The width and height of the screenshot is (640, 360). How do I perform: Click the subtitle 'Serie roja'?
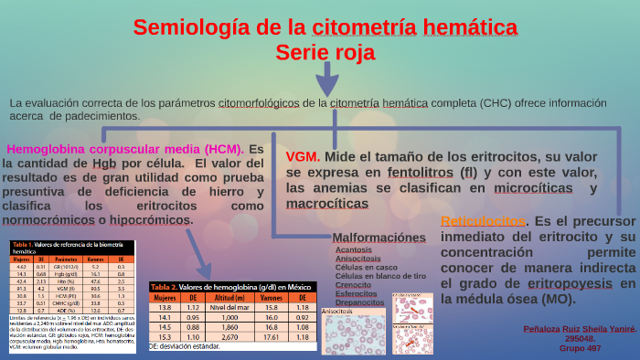[x=325, y=53]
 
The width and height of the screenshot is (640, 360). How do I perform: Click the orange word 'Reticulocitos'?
[x=483, y=222]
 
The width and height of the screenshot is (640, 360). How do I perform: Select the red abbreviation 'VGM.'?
[x=303, y=156]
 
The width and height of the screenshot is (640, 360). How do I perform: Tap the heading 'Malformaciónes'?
[x=379, y=238]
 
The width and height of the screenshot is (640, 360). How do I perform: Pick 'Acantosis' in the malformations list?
[x=354, y=249]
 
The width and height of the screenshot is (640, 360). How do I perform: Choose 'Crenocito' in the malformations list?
[x=353, y=285]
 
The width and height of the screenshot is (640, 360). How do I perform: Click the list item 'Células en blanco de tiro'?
[x=380, y=276]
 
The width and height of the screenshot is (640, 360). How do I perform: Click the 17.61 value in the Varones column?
[x=271, y=337]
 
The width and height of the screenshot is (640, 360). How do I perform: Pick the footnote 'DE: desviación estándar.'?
[x=186, y=348]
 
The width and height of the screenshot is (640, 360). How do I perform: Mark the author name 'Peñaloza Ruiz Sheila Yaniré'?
[x=580, y=327]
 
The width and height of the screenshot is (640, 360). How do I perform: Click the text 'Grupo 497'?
[x=580, y=348]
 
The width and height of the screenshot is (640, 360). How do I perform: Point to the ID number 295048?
[x=580, y=338]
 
